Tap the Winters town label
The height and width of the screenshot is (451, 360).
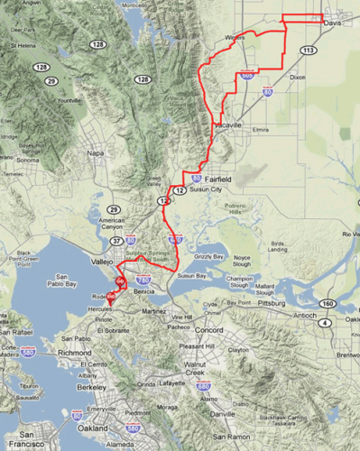tap(235, 38)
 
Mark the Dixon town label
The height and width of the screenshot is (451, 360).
tap(301, 78)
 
